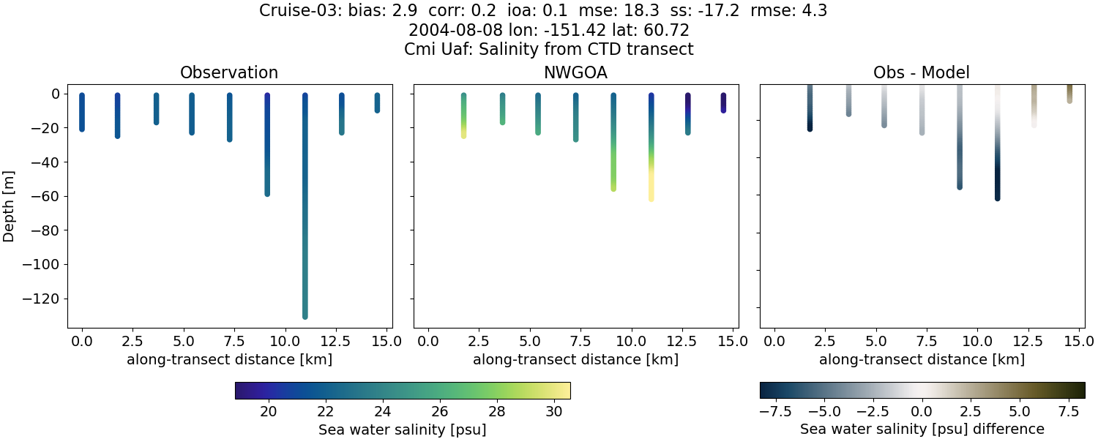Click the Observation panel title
tap(229, 73)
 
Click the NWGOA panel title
tap(575, 73)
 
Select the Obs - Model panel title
tap(922, 73)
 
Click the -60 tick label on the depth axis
tap(48, 196)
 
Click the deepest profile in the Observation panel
tap(305, 219)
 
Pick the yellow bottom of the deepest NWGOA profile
tap(651, 192)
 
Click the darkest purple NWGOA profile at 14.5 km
tap(723, 102)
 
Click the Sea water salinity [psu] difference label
tap(922, 429)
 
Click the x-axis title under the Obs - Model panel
tap(922, 359)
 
